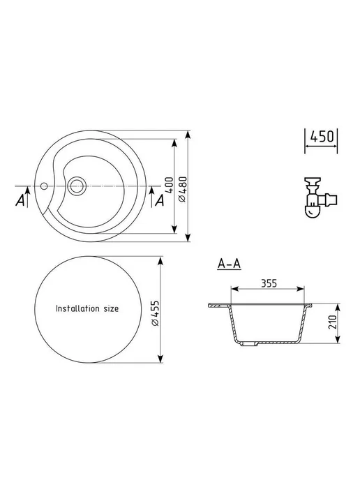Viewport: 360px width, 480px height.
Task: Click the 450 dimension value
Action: [x=322, y=137]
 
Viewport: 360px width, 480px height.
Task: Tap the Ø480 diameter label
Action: [x=183, y=189]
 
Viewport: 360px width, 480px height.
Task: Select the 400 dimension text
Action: [x=170, y=185]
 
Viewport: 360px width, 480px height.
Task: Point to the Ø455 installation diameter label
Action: [x=156, y=313]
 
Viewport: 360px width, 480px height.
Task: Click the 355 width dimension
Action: [x=269, y=283]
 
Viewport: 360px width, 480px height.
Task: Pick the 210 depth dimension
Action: [x=333, y=322]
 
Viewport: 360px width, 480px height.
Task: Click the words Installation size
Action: [x=87, y=308]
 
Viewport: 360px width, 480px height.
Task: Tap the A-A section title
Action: [x=230, y=264]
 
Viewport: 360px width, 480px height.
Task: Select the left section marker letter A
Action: [x=20, y=201]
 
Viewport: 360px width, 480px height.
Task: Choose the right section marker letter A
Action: [x=160, y=201]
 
